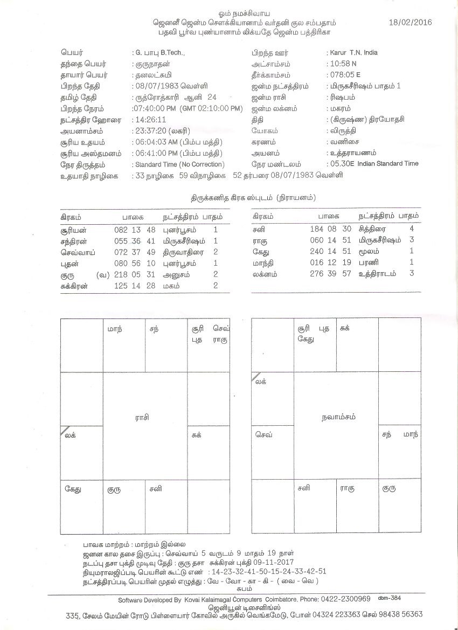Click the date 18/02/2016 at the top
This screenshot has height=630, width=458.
click(410, 23)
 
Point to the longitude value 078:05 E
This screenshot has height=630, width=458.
click(343, 75)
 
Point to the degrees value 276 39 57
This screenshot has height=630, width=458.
click(330, 274)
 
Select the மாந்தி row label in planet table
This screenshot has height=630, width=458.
click(263, 263)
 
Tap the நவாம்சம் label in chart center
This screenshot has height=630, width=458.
click(336, 417)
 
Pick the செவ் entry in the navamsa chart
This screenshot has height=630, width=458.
click(262, 433)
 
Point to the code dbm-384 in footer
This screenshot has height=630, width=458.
click(390, 598)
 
